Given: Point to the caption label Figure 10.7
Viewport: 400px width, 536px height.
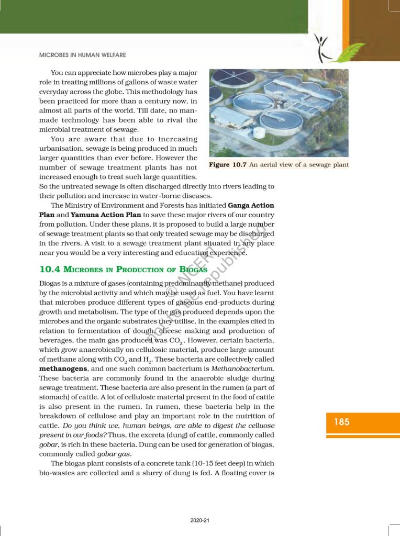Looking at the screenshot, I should tap(228, 165).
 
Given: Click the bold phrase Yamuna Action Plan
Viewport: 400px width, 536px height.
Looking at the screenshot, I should tap(105, 215).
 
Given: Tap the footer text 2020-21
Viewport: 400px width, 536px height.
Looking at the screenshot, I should tap(200, 521).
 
